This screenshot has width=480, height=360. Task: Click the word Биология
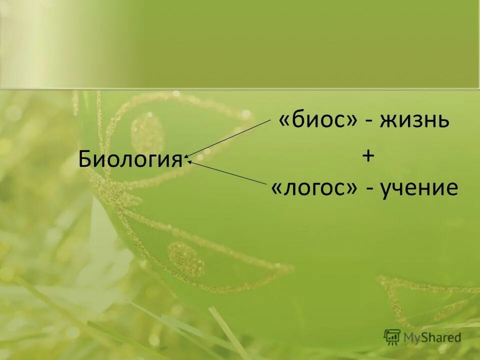130,159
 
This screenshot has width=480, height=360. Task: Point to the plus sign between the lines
367,156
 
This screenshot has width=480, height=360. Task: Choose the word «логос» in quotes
314,189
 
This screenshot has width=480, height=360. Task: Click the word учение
418,189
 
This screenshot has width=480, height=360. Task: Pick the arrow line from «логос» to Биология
230,172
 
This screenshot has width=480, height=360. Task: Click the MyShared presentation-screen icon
392,337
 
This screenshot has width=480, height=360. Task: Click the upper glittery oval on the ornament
147,133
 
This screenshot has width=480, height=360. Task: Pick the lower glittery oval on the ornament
185,259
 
